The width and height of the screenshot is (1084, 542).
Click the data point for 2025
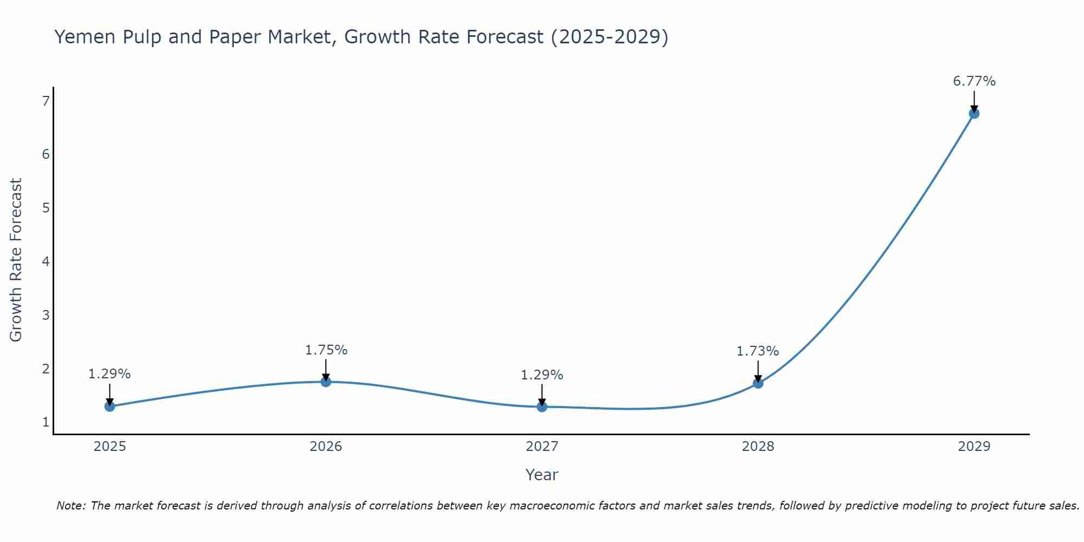click(109, 406)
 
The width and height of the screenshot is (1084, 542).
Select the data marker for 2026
click(326, 382)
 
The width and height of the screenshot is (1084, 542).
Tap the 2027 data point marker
click(542, 406)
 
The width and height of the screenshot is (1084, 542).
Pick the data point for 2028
click(758, 383)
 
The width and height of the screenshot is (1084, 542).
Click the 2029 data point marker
click(974, 114)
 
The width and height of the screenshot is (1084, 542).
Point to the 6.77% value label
click(974, 81)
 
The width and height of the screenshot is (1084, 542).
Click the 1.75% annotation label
click(326, 350)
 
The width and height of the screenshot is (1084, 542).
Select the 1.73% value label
click(758, 351)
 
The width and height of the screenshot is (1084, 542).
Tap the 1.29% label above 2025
click(109, 374)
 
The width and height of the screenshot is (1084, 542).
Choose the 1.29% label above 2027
click(542, 375)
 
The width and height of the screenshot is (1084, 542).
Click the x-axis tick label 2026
click(326, 447)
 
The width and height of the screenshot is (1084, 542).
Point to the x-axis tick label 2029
click(974, 447)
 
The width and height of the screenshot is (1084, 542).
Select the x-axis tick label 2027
click(542, 447)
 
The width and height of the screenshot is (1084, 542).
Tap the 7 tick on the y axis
click(46, 101)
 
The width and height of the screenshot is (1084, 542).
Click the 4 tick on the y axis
click(46, 262)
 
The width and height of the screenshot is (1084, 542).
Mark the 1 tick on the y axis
click(46, 422)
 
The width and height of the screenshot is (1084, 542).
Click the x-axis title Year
click(542, 475)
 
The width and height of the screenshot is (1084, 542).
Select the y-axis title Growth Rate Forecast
click(16, 260)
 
